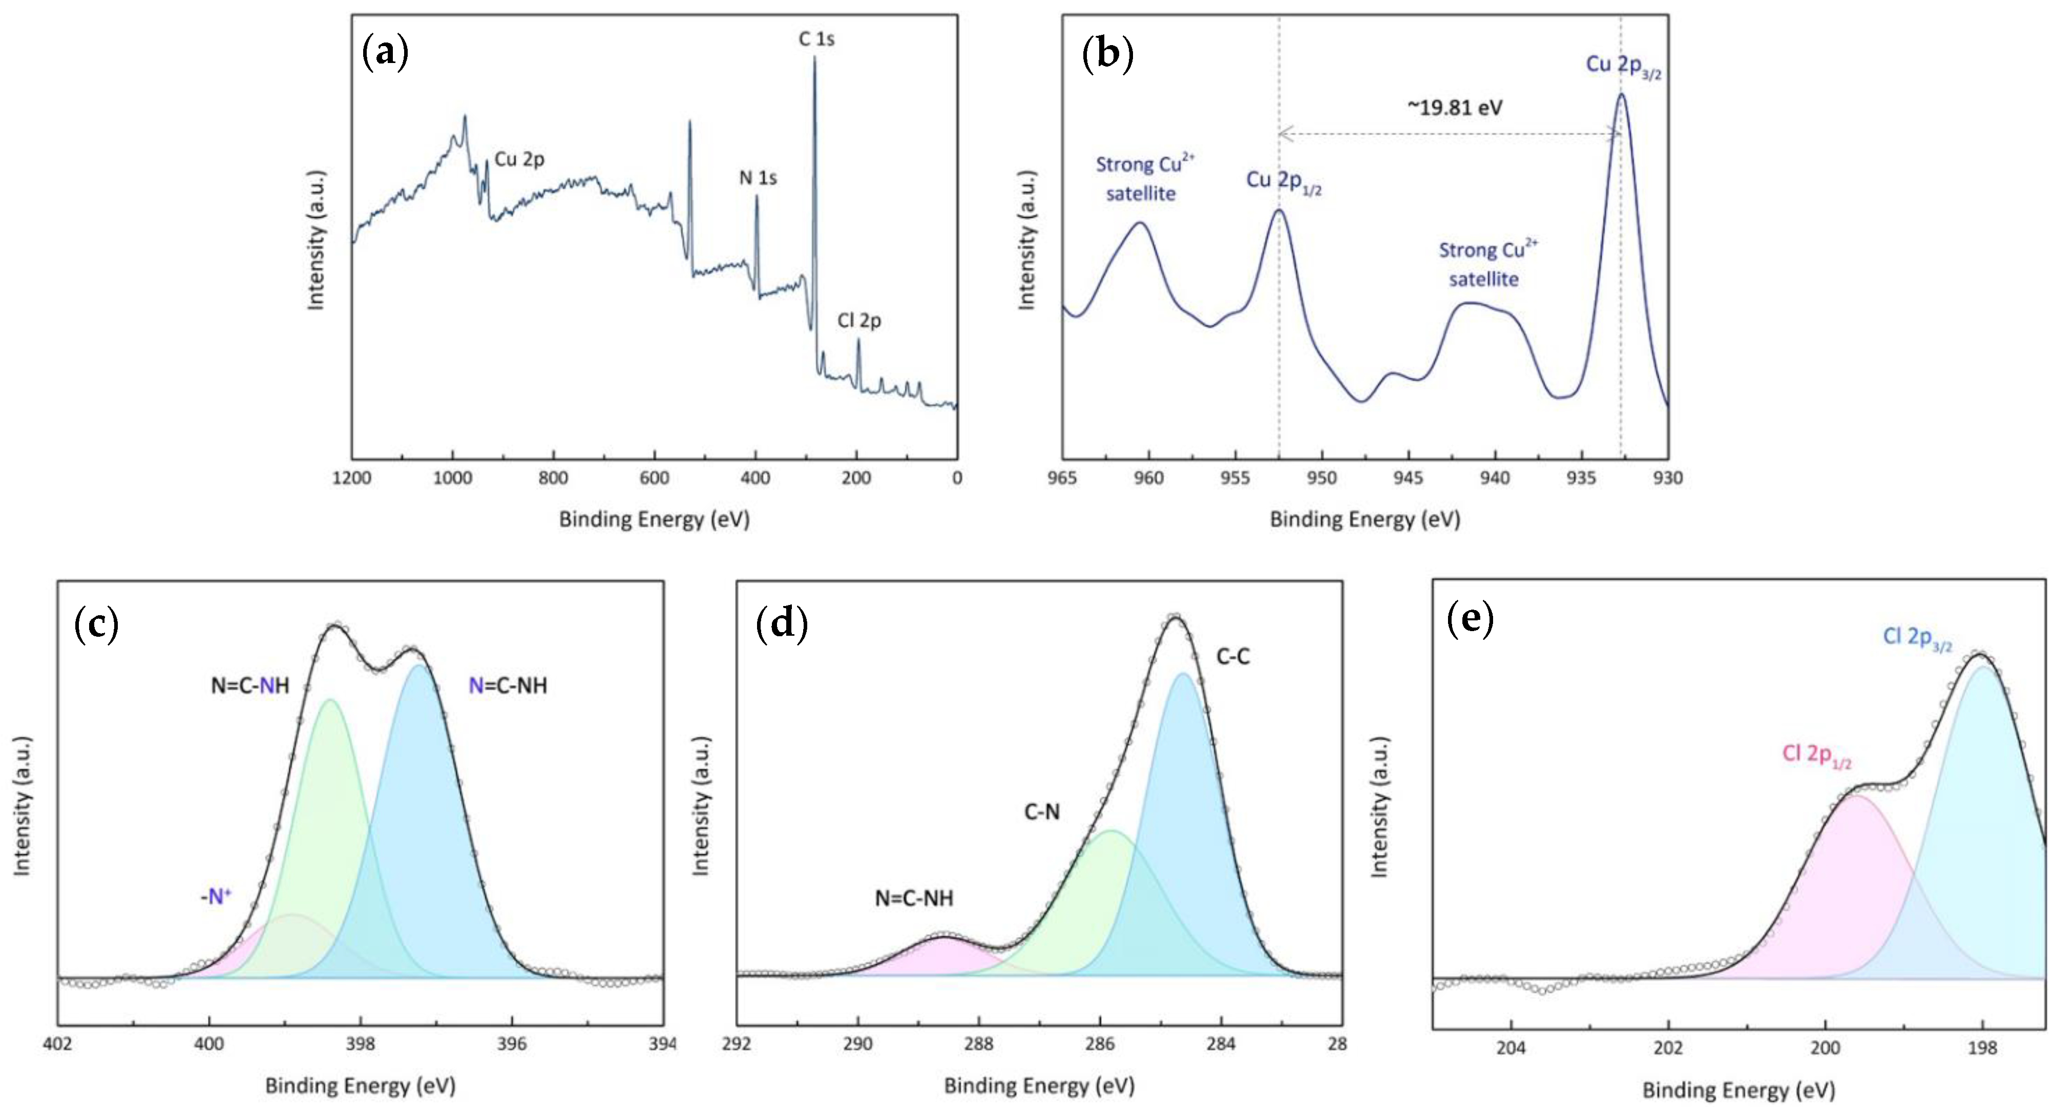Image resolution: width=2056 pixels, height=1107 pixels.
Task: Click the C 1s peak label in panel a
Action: pos(816,39)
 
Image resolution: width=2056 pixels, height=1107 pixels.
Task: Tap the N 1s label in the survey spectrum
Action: pos(758,178)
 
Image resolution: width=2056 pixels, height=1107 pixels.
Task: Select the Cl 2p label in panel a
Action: pos(859,321)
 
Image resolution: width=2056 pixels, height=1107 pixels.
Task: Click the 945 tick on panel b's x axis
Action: pos(1408,478)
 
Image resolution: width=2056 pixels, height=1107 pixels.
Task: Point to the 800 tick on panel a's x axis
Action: pos(553,478)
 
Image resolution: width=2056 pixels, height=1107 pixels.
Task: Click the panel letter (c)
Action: pos(96,624)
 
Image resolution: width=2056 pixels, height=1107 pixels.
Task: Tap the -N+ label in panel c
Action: pos(216,897)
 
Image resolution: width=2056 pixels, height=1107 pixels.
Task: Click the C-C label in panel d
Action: pos(1232,657)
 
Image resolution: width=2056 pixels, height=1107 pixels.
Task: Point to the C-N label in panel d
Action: pos(1041,812)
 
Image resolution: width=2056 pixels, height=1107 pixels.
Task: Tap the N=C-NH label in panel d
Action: pos(914,899)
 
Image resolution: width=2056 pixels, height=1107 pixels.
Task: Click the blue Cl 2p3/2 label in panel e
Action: pos(1917,638)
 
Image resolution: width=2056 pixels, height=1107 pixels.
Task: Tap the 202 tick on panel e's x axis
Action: pos(1668,1047)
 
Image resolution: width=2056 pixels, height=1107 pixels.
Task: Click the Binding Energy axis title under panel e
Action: pos(1738,1090)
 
